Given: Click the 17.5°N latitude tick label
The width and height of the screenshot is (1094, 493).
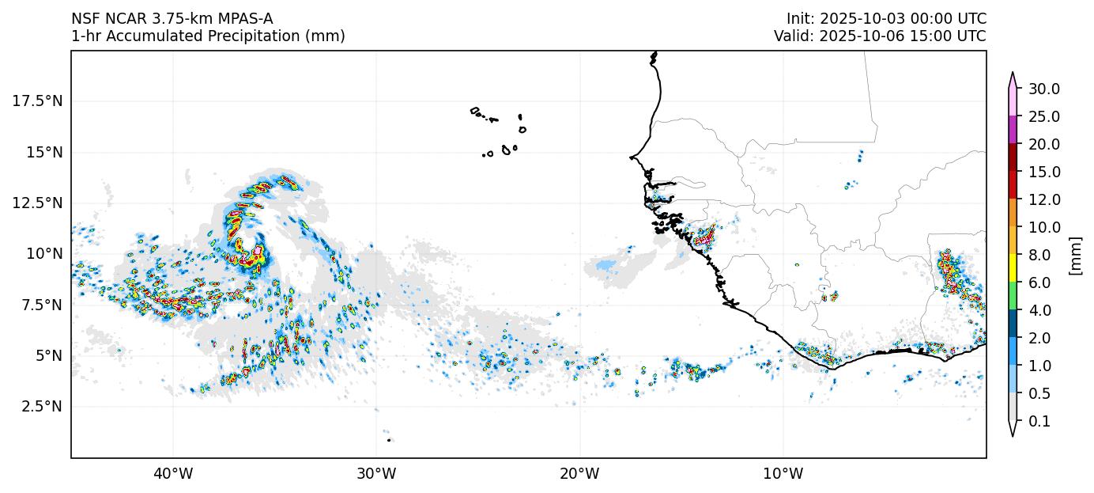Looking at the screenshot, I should [38, 101].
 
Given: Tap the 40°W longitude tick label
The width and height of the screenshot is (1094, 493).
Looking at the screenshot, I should [173, 475].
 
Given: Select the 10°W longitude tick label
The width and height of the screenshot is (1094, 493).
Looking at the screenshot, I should [783, 475].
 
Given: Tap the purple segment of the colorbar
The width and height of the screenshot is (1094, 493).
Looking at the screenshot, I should [1012, 130].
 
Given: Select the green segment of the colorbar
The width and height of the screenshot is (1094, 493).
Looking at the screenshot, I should [1012, 297].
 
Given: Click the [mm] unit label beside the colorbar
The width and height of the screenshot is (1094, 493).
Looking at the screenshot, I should [1074, 256].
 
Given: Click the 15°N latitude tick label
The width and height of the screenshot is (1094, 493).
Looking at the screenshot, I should [44, 152].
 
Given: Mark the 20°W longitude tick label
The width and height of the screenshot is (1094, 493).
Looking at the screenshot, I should [579, 475].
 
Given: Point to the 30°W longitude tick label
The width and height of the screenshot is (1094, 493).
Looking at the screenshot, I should [376, 475].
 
